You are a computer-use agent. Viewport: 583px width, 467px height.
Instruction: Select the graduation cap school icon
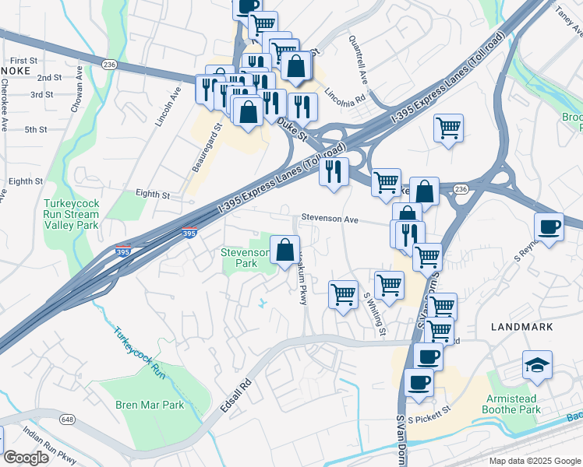536,367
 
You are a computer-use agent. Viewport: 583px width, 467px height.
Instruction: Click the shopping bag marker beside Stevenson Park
285,250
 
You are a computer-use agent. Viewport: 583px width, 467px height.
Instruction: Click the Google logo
26,458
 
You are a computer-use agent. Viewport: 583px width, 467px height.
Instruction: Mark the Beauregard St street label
207,147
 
